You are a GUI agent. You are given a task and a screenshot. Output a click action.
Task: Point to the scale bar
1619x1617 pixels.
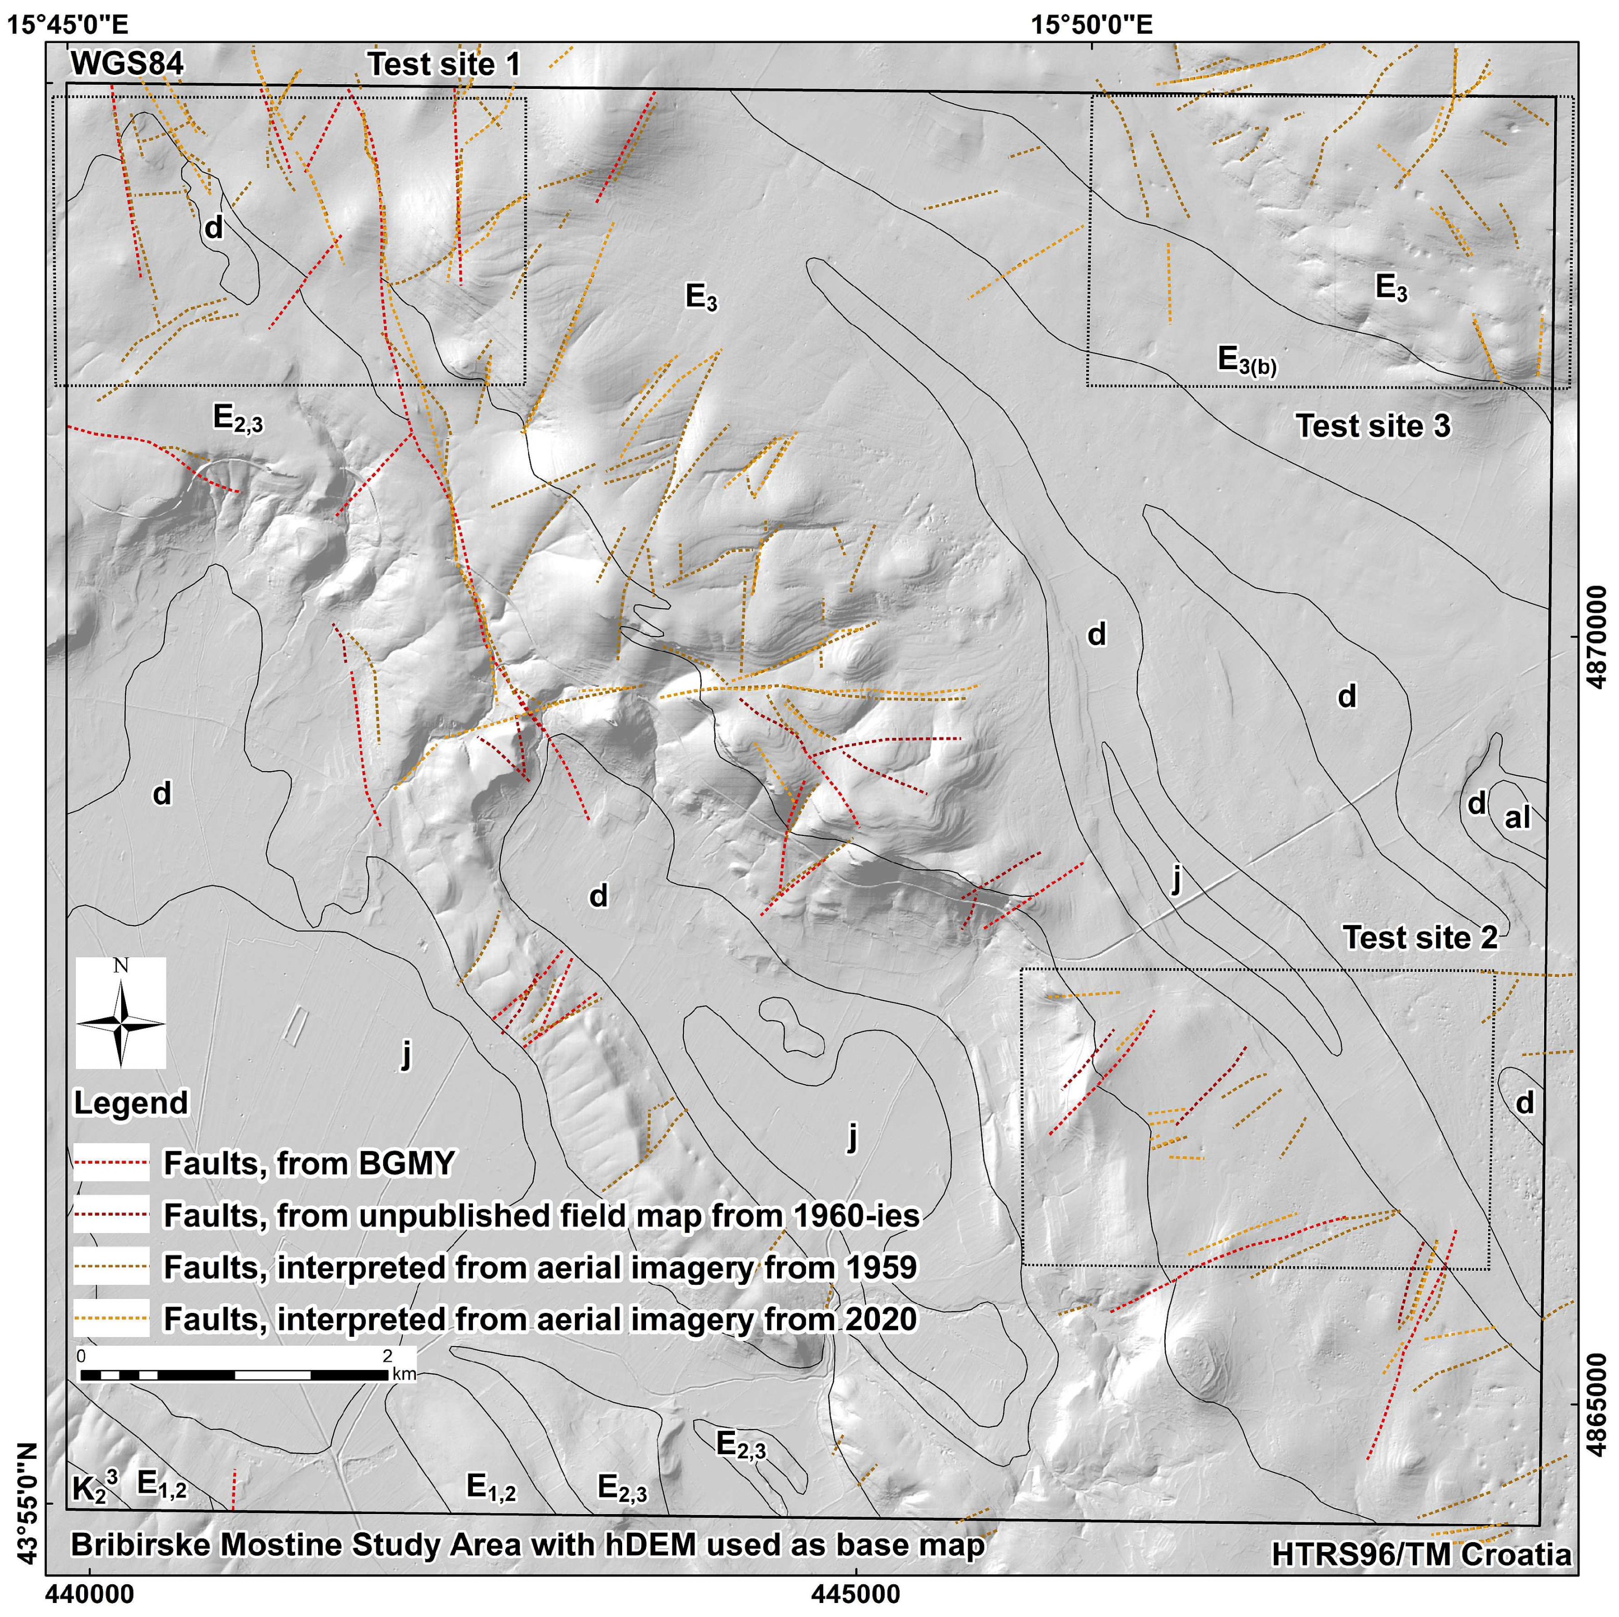pyautogui.click(x=234, y=1375)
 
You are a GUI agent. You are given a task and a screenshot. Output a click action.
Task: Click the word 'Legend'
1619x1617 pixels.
pyautogui.click(x=131, y=1102)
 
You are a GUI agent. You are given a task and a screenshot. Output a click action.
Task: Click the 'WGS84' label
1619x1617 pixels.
pyautogui.click(x=127, y=64)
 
